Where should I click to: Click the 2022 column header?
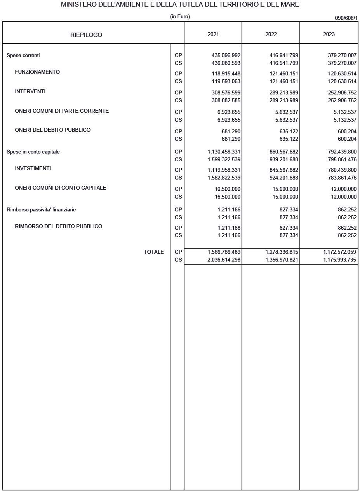pos(271,34)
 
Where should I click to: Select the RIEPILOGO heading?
pos(86,35)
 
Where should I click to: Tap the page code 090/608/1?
pos(346,18)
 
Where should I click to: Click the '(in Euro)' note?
pos(180,17)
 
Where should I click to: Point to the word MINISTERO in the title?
pos(77,5)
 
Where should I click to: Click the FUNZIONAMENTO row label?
pos(37,72)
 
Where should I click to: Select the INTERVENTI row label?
pos(30,91)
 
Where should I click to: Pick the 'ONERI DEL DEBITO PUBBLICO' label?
pos(53,130)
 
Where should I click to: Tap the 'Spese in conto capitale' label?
pos(33,152)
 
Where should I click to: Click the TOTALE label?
pos(154,252)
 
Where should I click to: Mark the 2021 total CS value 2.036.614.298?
pos(224,260)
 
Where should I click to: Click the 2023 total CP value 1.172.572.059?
pos(340,252)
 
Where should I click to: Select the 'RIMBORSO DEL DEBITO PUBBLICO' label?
pos(59,226)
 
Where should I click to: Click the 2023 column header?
pos(329,34)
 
